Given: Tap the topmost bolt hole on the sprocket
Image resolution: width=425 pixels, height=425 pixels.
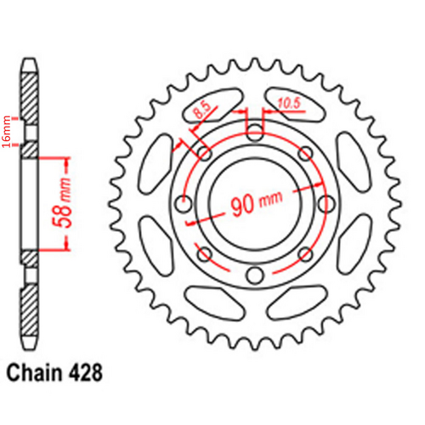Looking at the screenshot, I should pyautogui.click(x=255, y=131).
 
